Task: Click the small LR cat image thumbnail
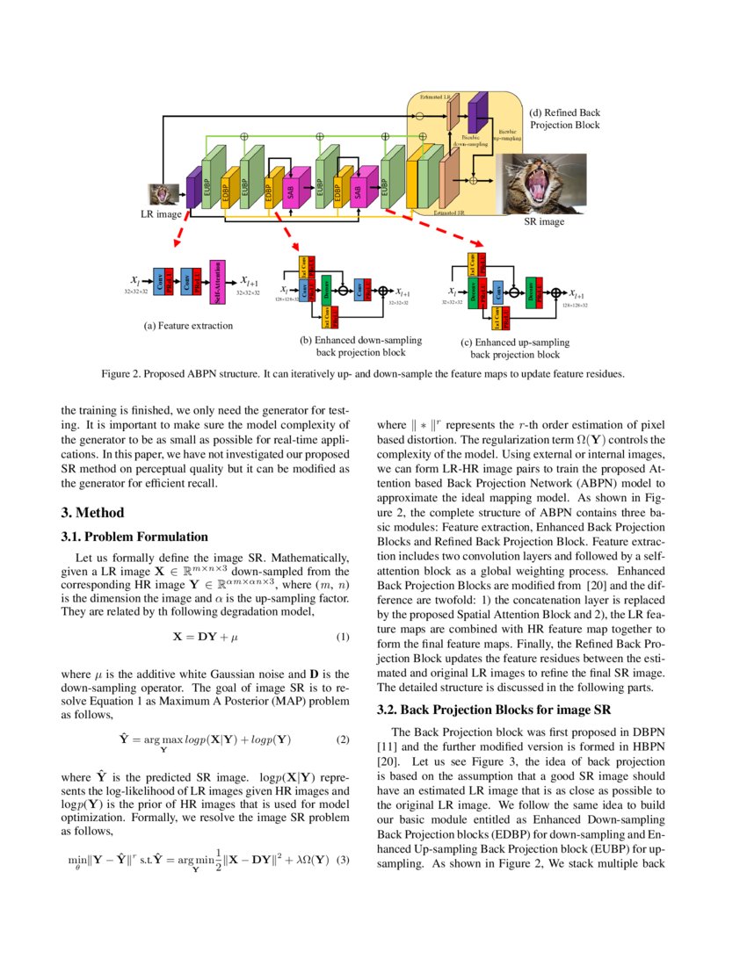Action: pyautogui.click(x=165, y=192)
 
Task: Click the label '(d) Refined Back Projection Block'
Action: pyautogui.click(x=564, y=119)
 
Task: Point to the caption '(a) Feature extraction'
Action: pyautogui.click(x=188, y=325)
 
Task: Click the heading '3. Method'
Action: pyautogui.click(x=92, y=513)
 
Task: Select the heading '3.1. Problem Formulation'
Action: pyautogui.click(x=134, y=537)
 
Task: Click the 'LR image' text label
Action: pyautogui.click(x=162, y=213)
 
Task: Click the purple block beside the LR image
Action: pyautogui.click(x=192, y=191)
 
